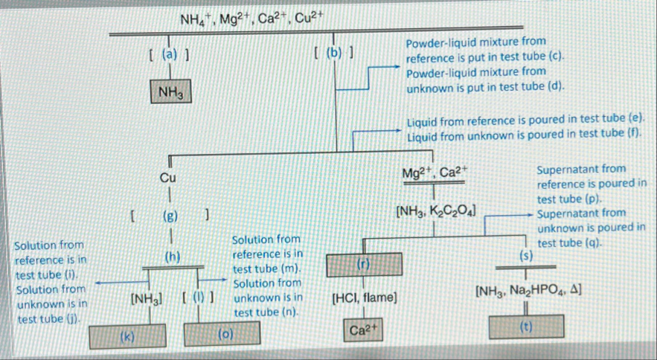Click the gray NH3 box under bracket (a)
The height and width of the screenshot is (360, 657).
point(173,92)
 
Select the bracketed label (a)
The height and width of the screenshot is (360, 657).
point(169,54)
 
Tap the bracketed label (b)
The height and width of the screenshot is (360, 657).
point(333,54)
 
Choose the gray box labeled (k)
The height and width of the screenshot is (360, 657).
point(128,336)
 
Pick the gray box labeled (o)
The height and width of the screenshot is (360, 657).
point(225,336)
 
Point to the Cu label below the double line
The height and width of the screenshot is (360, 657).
point(168,179)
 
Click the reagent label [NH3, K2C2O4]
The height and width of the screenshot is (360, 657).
point(437,211)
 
